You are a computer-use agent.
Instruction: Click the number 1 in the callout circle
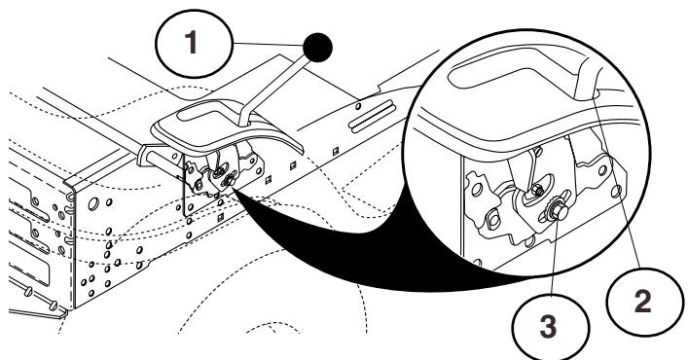click(191, 43)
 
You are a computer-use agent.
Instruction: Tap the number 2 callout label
click(643, 302)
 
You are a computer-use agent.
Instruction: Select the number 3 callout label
click(548, 327)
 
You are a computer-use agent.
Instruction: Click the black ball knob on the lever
click(317, 48)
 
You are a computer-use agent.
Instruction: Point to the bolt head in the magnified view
click(559, 212)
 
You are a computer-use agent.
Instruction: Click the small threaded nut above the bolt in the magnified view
click(537, 191)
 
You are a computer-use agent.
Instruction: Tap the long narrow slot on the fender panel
click(372, 116)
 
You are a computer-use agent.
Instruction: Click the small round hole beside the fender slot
click(358, 106)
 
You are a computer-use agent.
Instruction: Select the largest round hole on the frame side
click(93, 203)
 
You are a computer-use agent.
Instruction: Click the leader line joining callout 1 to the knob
click(268, 45)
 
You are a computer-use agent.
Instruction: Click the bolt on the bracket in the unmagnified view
click(229, 180)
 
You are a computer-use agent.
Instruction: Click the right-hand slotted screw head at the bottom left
click(54, 306)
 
